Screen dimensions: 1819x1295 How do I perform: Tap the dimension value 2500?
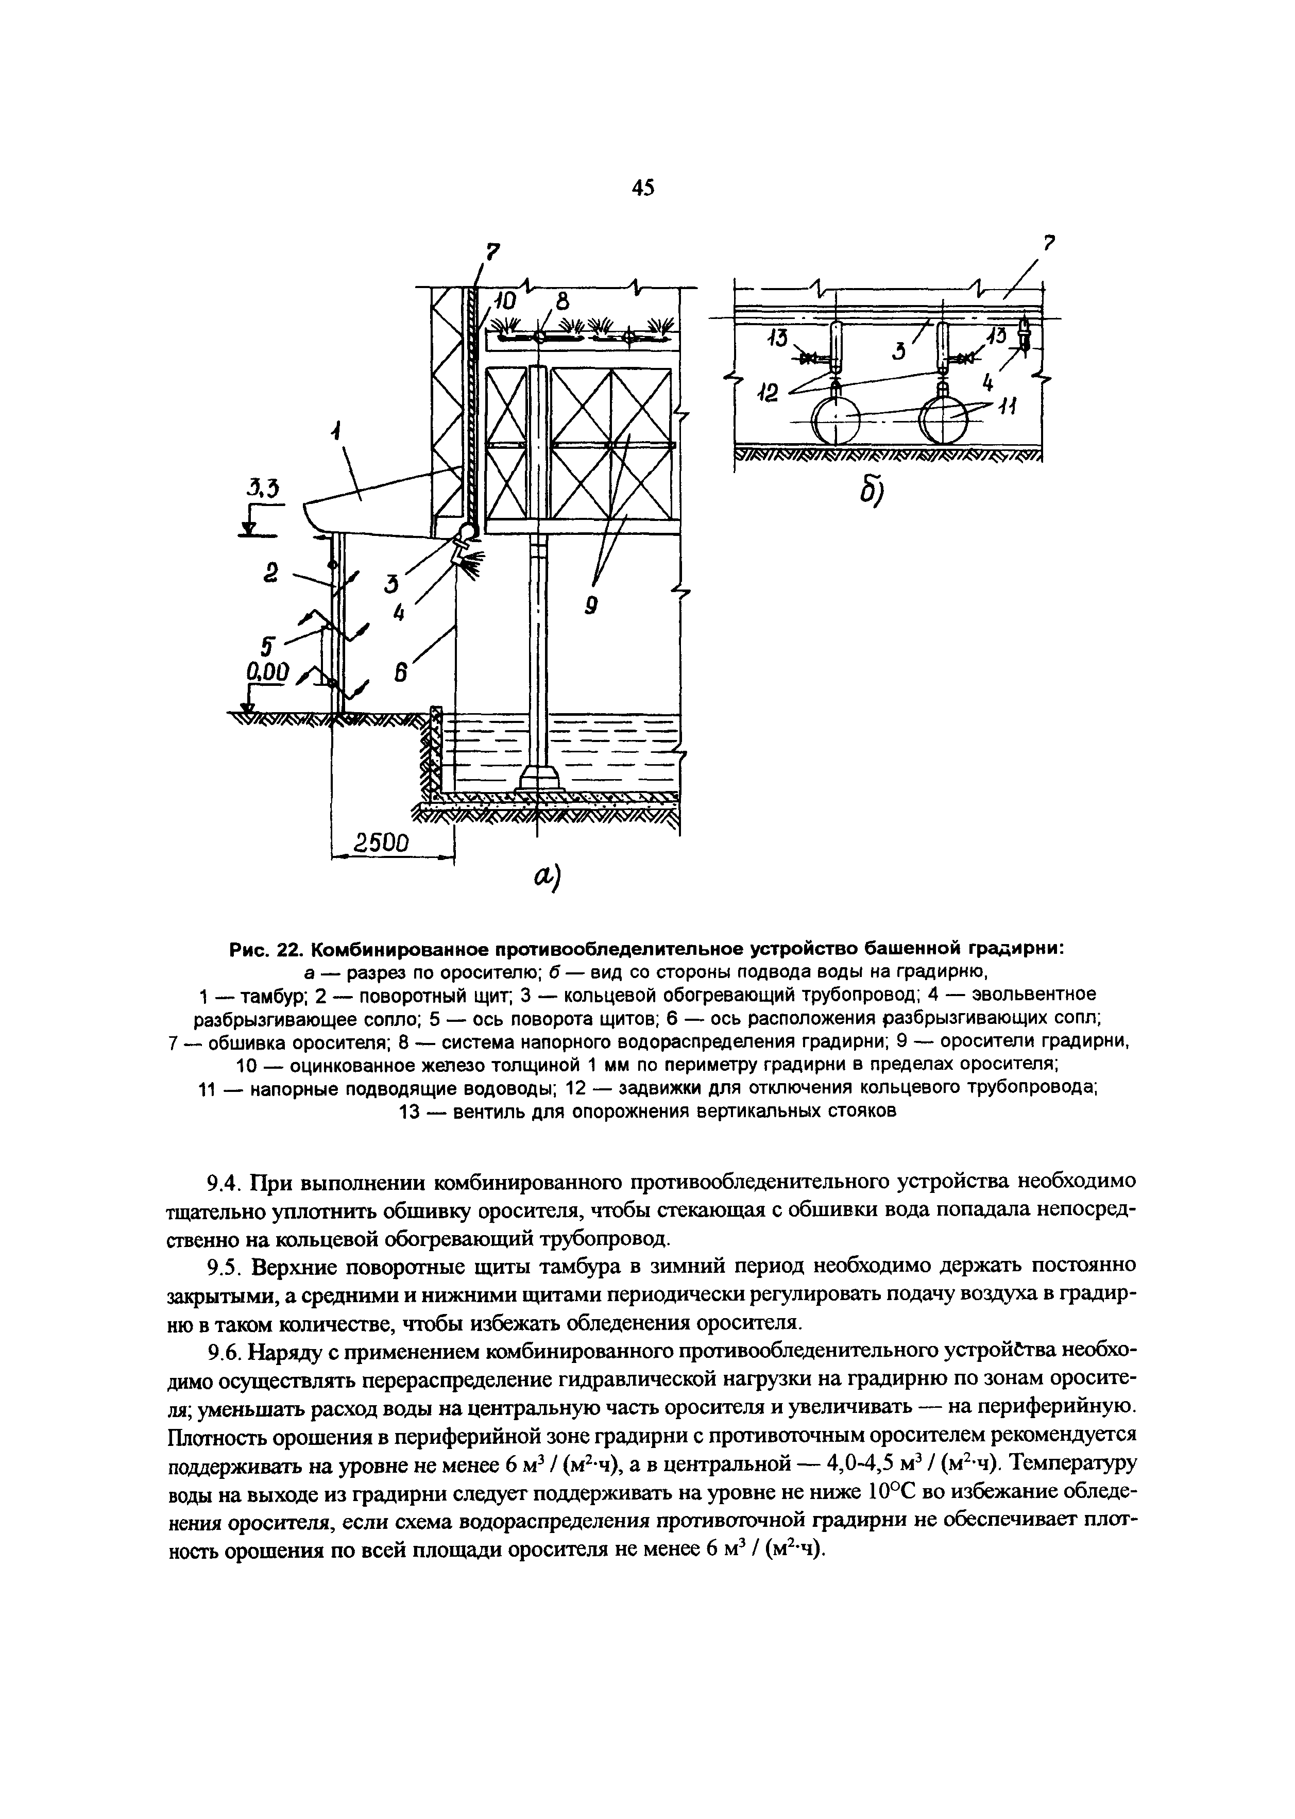[x=381, y=843]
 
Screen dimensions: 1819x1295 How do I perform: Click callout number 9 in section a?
[x=591, y=607]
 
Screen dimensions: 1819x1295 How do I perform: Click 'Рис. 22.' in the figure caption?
[x=268, y=949]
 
